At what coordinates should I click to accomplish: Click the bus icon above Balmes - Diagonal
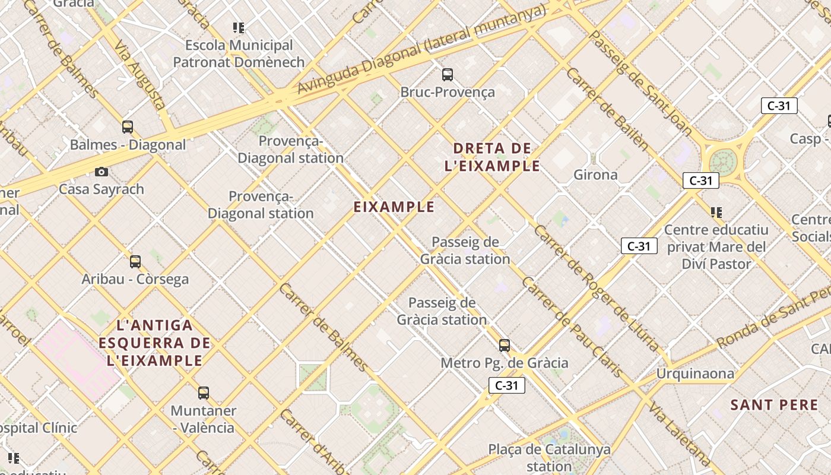coord(128,126)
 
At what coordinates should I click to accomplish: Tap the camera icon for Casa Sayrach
coord(102,172)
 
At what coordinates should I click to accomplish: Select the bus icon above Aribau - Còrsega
coord(135,261)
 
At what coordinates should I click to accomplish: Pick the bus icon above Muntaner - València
coord(204,392)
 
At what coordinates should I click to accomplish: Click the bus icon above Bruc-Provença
coord(448,75)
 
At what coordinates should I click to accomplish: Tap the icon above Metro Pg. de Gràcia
coord(505,345)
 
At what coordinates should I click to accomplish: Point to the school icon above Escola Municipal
coord(239,27)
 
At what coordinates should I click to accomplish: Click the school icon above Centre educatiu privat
coord(716,212)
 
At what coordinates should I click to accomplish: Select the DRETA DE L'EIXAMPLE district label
coord(492,157)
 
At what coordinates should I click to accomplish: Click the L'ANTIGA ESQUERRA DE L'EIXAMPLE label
coord(155,343)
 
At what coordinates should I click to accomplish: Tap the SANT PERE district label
coord(774,405)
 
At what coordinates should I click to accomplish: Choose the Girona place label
coord(595,175)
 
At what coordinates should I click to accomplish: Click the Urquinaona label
coord(694,373)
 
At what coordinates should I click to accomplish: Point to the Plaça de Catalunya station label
coord(549,457)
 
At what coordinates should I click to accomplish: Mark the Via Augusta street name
coord(140,75)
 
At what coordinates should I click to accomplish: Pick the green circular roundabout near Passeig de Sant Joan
coord(722,161)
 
